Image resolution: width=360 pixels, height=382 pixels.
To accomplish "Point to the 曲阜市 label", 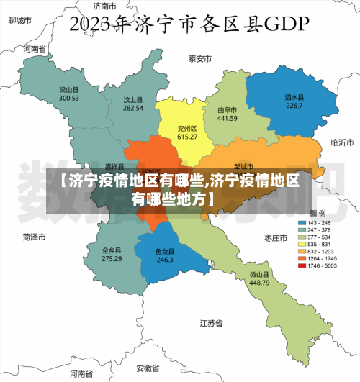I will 228,110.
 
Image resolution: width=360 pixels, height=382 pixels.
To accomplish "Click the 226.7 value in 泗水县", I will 294,106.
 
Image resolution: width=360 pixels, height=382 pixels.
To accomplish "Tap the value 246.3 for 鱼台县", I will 166,260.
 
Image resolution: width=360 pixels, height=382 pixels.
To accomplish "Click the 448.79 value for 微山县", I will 259,283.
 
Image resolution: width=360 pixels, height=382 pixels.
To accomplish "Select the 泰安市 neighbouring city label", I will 200,58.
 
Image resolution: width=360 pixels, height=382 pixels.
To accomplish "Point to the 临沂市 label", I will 341,142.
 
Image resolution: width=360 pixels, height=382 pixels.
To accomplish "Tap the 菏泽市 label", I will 34,236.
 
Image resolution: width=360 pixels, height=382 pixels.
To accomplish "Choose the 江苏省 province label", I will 211,324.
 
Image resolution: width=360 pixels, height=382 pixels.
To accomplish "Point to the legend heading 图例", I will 318,214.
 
